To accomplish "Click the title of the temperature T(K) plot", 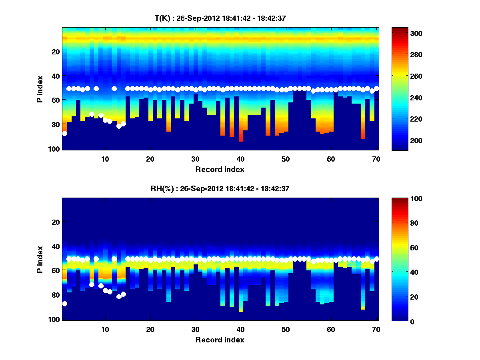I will coord(220,18).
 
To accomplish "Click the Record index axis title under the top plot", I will coord(220,169).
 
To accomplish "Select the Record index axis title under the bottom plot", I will coord(220,340).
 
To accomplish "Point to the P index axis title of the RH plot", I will coord(40,259).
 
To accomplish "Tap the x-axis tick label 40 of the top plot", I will coord(240,159).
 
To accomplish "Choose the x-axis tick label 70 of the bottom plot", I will coord(376,329).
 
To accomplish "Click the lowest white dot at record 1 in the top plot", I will coord(65,133).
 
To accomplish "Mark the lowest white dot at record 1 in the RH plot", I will coord(65,304).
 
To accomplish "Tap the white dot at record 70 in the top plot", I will coord(376,88).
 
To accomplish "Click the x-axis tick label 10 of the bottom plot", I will coord(105,329).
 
